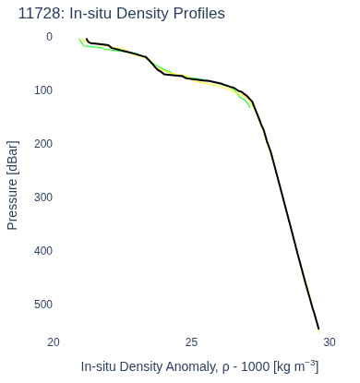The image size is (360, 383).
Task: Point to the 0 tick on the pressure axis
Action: pos(49,37)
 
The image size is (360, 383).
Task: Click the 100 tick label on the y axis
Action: pos(43,90)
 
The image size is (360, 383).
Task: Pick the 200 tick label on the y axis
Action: pos(43,144)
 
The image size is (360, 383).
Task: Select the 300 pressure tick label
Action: pos(43,197)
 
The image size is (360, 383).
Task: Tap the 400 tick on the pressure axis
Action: pos(43,251)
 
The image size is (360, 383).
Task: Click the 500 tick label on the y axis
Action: pos(43,305)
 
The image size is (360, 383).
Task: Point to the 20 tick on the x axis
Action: pos(54,342)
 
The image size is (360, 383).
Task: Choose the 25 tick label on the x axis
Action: pos(191,342)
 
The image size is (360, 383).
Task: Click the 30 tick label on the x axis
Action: pos(330,342)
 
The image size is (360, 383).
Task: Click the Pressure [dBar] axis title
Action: pos(13,186)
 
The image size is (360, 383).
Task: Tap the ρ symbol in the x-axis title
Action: pos(225,368)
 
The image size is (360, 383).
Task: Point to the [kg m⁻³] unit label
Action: pos(296,366)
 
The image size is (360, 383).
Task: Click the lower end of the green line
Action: pos(249,107)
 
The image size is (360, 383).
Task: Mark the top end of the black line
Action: pos(87,39)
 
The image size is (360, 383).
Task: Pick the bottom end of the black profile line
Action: pos(318,329)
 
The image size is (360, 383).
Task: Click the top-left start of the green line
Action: pos(79,39)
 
